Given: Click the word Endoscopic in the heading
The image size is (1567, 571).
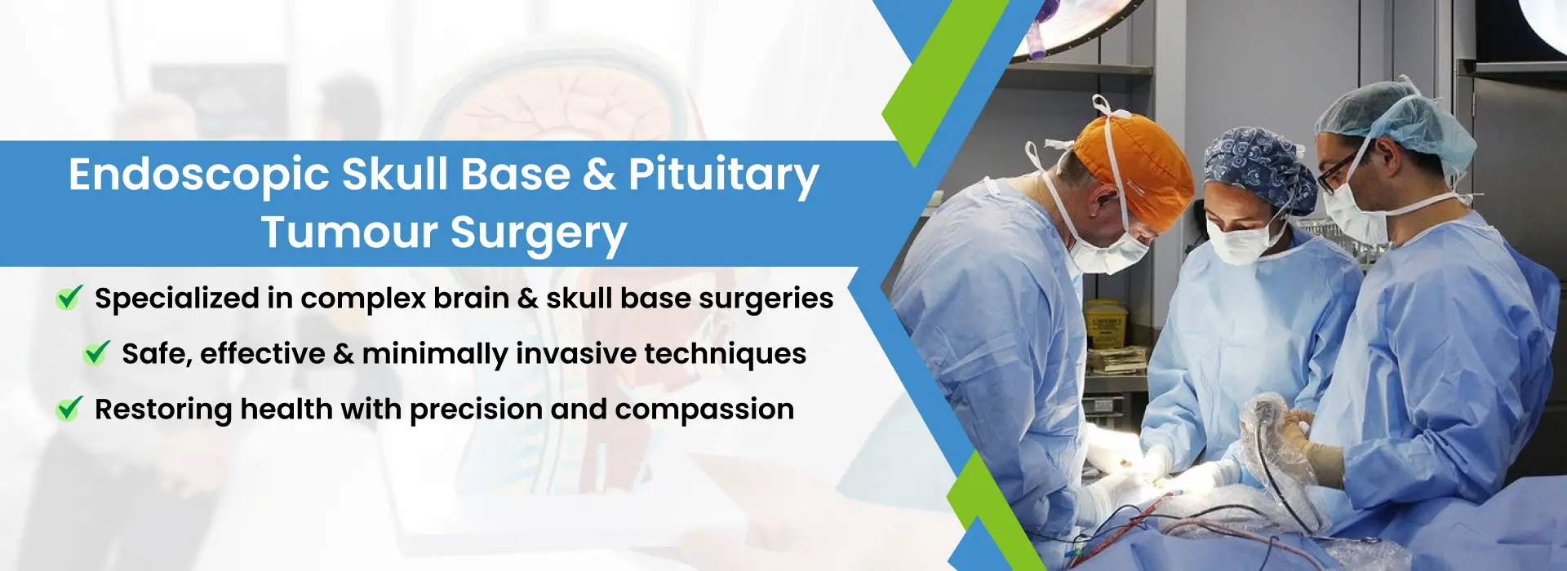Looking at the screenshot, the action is [198, 175].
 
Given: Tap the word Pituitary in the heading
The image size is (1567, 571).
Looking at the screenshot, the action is [724, 175].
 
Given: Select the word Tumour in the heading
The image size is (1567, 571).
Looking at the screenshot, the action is [349, 232].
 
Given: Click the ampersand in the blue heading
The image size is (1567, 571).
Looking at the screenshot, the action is [600, 175].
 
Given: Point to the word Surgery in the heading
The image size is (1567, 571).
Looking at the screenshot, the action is [539, 233].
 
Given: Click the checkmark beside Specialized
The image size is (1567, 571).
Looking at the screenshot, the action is [69, 298].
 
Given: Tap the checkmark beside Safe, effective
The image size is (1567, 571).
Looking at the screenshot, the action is [96, 352].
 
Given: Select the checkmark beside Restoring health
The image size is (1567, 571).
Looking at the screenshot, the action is [69, 408].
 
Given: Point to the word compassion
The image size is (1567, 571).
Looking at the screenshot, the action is [704, 409].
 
